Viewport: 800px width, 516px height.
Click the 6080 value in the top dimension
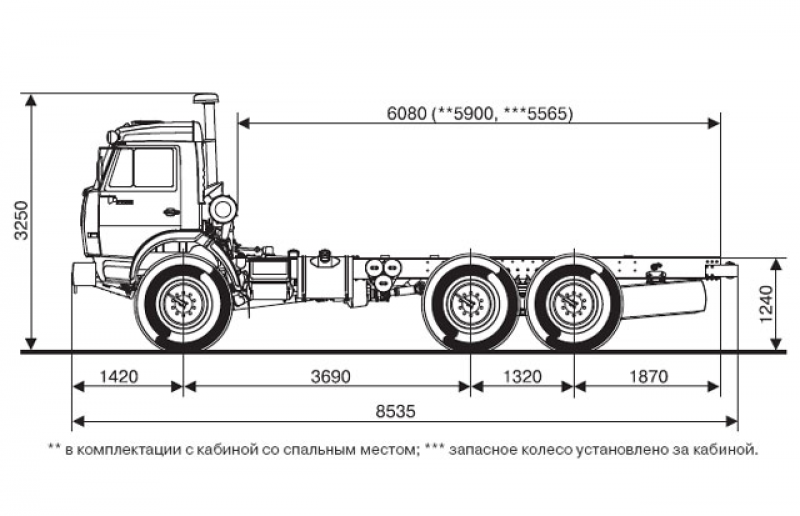pos(405,113)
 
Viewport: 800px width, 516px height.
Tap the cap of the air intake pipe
pos(207,99)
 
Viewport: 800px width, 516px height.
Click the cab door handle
pos(171,211)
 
